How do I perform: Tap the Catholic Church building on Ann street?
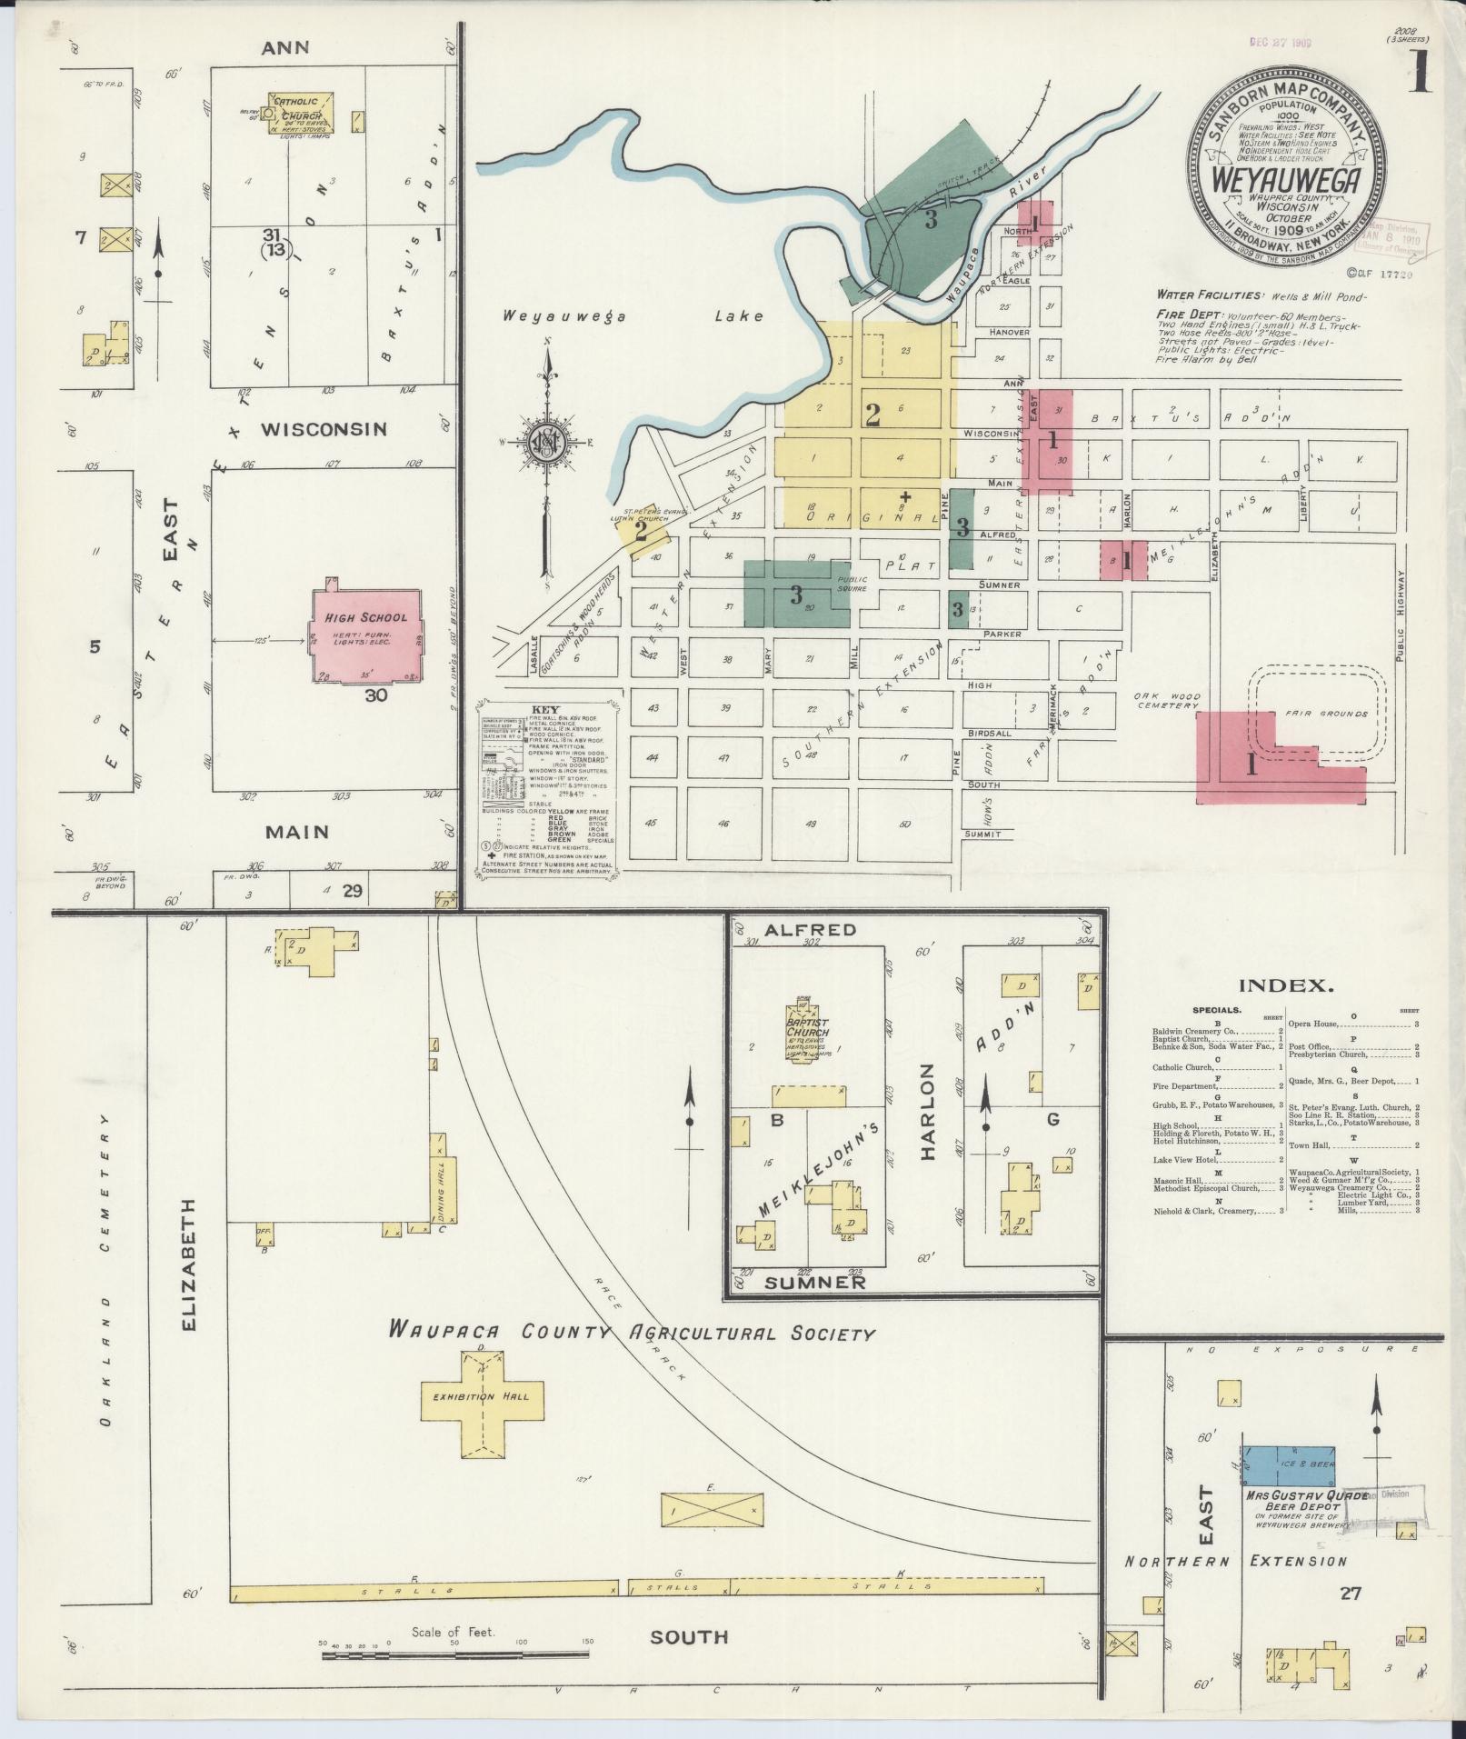300,113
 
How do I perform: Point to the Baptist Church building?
808,1031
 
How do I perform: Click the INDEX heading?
1285,984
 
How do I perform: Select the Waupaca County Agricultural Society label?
630,1332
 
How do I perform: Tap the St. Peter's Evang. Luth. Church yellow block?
642,530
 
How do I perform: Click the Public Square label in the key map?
853,584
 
